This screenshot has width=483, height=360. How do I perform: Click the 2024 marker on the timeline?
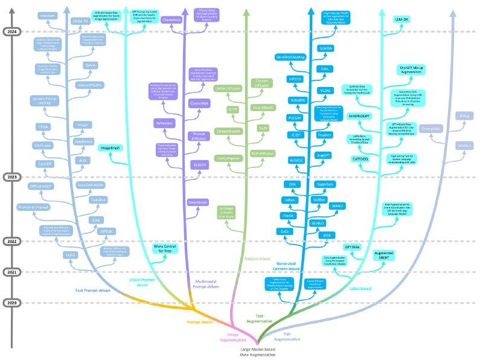pos(12,31)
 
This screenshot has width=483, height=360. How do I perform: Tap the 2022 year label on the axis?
pos(12,241)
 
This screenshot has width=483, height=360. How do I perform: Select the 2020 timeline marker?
pos(12,303)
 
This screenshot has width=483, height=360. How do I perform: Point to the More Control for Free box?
pos(168,248)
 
